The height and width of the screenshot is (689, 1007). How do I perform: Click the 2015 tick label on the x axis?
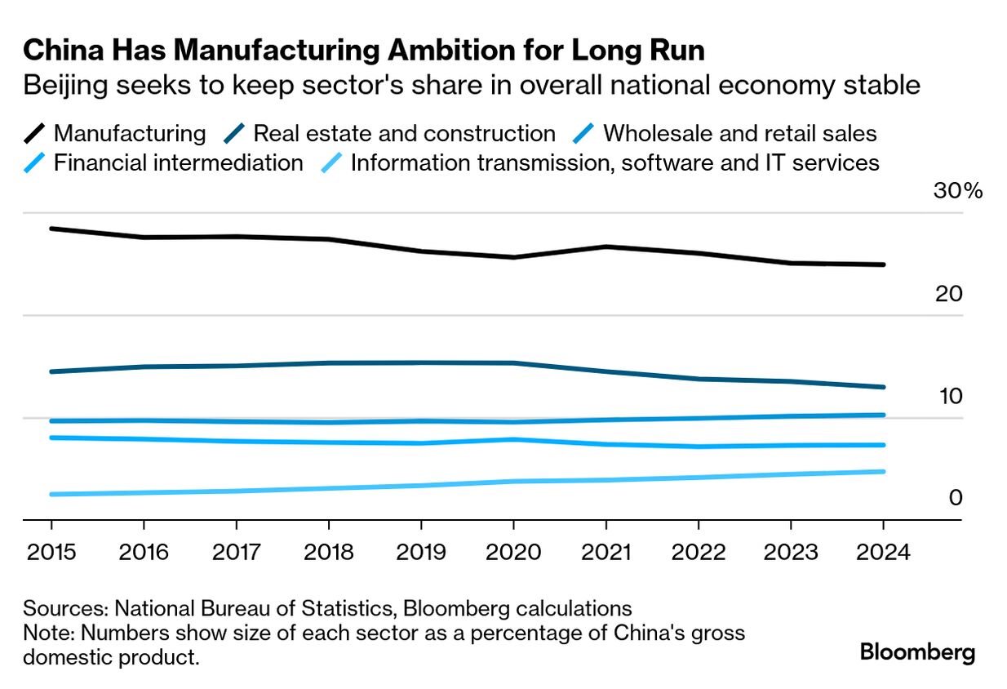click(x=51, y=552)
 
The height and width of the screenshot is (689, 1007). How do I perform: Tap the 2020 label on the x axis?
click(x=512, y=552)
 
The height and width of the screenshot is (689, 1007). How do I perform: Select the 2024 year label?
click(x=883, y=552)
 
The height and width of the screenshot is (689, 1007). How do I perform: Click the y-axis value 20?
click(x=950, y=294)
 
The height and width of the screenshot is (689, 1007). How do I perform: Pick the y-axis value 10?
click(x=950, y=397)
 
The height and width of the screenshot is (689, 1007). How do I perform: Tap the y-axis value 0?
click(x=956, y=498)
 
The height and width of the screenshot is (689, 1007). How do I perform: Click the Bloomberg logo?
click(x=918, y=652)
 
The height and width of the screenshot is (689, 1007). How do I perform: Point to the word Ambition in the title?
click(x=449, y=51)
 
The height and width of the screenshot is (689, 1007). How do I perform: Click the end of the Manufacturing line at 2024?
click(x=883, y=264)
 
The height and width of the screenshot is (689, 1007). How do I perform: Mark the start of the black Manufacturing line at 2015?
click(x=51, y=229)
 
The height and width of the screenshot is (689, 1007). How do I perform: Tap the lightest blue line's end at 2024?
click(x=883, y=471)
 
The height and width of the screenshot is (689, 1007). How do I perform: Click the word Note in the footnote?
click(x=46, y=633)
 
